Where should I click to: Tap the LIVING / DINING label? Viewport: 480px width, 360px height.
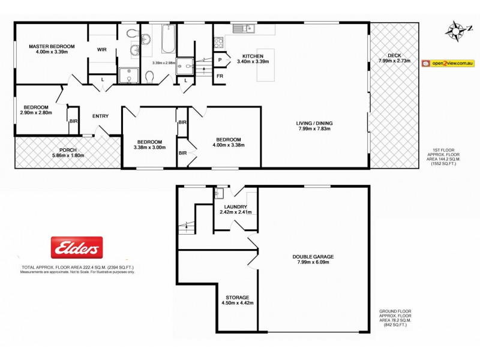tap(314, 124)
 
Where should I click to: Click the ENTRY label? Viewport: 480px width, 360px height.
tap(100, 116)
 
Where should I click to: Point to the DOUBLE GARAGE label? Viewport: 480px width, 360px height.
tap(313, 256)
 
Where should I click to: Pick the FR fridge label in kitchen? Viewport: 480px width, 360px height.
tap(220, 76)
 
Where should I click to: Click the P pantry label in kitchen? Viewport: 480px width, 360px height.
tap(220, 59)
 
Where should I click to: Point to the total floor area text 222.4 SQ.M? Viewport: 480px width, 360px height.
tap(77, 266)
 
